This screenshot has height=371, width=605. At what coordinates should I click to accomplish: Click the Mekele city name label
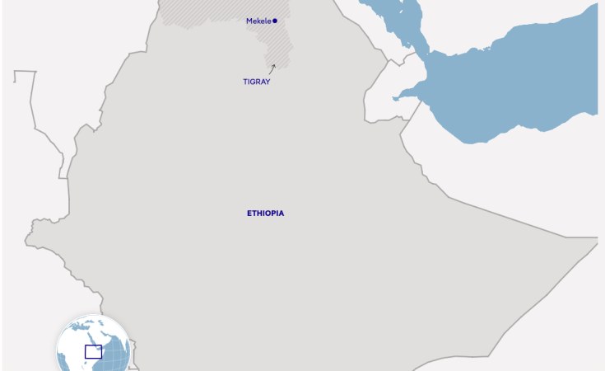click(x=258, y=21)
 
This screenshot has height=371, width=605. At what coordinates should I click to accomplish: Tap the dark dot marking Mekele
click(x=275, y=21)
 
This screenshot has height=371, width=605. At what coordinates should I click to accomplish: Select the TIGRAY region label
click(x=256, y=82)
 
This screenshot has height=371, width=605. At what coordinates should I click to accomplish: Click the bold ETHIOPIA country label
click(x=265, y=213)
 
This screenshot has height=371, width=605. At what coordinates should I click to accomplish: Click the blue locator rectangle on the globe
click(x=93, y=351)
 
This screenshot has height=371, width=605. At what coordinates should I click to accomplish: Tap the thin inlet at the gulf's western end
click(x=403, y=96)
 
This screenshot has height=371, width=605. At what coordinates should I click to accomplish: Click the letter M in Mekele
click(x=249, y=21)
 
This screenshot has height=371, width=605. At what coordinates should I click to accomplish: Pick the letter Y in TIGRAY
click(x=268, y=82)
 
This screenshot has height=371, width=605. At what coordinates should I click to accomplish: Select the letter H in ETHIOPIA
click(x=258, y=213)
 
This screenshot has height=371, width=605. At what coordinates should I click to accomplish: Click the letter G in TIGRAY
click(x=253, y=82)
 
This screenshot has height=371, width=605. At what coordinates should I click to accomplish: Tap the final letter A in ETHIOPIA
click(x=282, y=213)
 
